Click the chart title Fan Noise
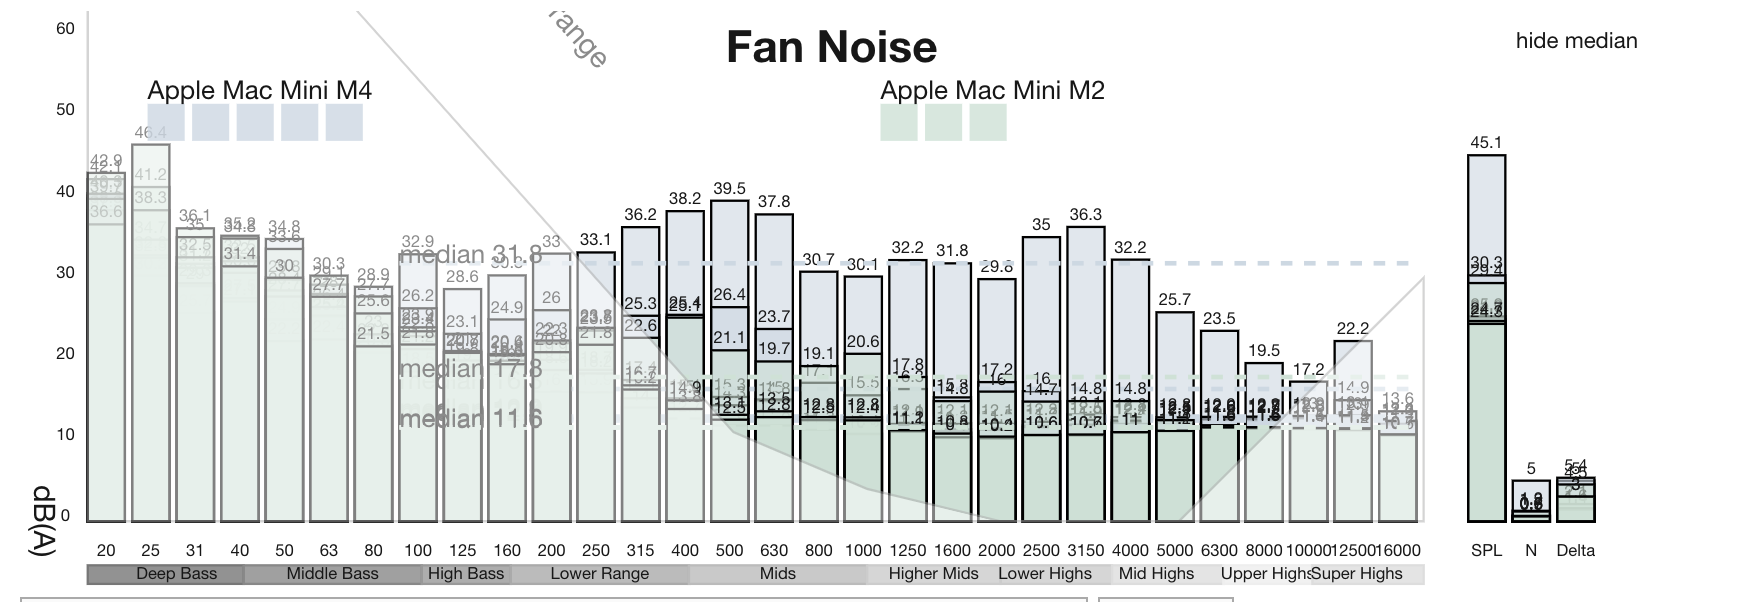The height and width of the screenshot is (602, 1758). pyautogui.click(x=831, y=47)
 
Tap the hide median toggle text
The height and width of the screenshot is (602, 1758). pyautogui.click(x=1576, y=41)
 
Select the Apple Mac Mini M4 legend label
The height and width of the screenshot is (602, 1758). pyautogui.click(x=259, y=91)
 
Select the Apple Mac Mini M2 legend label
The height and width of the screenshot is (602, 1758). pyautogui.click(x=992, y=91)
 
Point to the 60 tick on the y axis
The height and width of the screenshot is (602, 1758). pyautogui.click(x=65, y=29)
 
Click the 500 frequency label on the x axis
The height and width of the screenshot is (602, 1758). pyautogui.click(x=729, y=550)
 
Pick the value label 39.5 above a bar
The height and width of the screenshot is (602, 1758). pyautogui.click(x=729, y=189)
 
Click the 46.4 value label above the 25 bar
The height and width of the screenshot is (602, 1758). pyautogui.click(x=150, y=133)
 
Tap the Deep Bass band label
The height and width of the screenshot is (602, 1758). pyautogui.click(x=176, y=574)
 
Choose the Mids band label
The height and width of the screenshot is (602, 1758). pyautogui.click(x=777, y=574)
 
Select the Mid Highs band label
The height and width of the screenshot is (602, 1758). pyautogui.click(x=1156, y=574)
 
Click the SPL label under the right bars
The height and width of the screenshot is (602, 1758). pyautogui.click(x=1486, y=550)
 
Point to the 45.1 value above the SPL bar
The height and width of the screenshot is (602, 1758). pyautogui.click(x=1486, y=143)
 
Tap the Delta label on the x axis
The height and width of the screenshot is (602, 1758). pyautogui.click(x=1575, y=550)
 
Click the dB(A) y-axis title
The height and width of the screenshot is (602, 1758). pyautogui.click(x=45, y=520)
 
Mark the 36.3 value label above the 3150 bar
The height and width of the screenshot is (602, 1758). pyautogui.click(x=1085, y=215)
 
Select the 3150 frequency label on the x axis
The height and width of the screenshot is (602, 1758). pyautogui.click(x=1085, y=550)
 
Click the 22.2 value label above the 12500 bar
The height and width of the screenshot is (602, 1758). pyautogui.click(x=1352, y=329)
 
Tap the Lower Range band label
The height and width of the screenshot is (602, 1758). pyautogui.click(x=600, y=574)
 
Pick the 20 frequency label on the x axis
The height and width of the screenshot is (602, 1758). pyautogui.click(x=106, y=550)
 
